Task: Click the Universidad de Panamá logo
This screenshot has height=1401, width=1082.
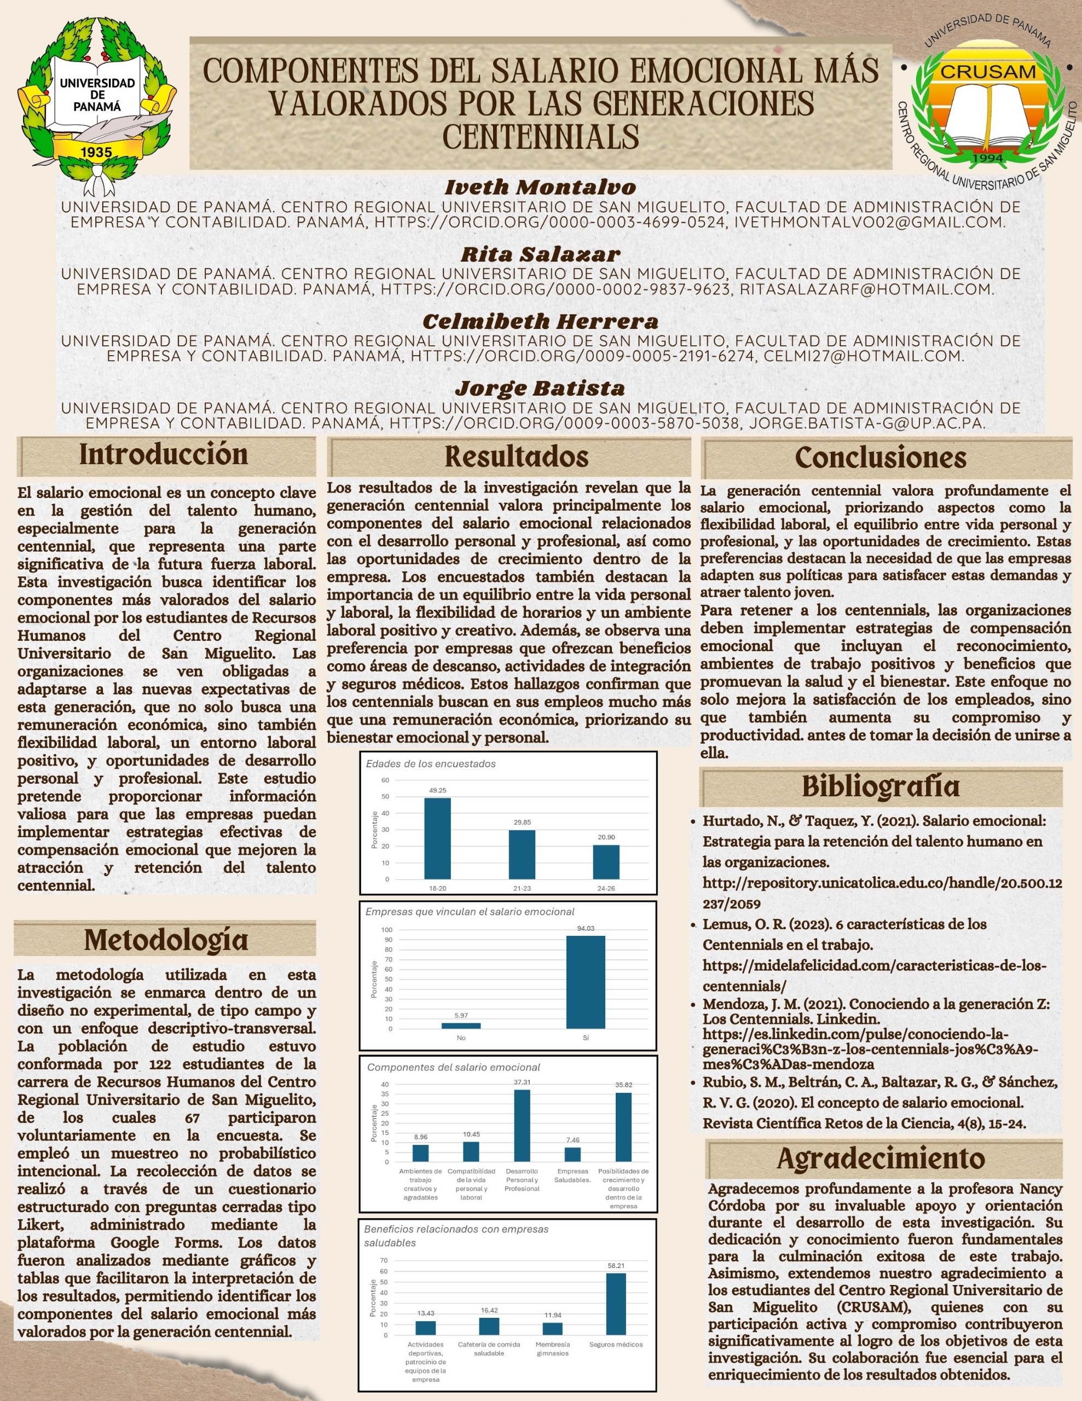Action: tap(96, 103)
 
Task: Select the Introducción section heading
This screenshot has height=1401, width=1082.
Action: tap(164, 455)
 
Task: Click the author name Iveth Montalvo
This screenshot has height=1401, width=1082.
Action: tap(540, 187)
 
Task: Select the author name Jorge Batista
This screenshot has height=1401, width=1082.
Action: tap(540, 388)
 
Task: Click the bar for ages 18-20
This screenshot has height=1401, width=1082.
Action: tap(437, 838)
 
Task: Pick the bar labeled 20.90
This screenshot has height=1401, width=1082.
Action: tap(605, 861)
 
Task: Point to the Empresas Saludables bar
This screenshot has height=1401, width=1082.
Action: tap(572, 1155)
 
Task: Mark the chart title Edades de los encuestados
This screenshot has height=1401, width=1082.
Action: tap(430, 764)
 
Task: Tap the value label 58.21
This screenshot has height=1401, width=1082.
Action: tap(616, 1266)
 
